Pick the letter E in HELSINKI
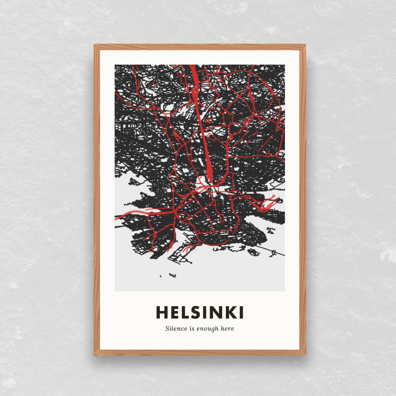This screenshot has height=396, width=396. tap(175, 313)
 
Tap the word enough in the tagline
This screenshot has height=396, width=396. tap(207, 329)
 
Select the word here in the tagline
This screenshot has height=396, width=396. tap(227, 329)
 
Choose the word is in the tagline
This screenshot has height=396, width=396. tap(192, 329)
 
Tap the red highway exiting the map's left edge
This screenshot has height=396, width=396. tap(121, 217)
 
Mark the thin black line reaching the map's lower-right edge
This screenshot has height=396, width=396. tap(279, 253)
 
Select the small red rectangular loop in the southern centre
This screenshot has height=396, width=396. tap(221, 217)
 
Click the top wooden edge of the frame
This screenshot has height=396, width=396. tap(200, 47)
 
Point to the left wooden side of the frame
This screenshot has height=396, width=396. tap(97, 200)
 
